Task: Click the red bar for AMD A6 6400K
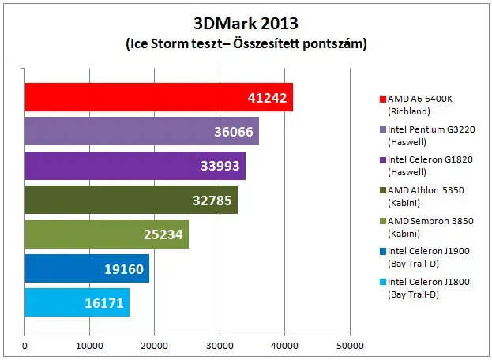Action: [159, 97]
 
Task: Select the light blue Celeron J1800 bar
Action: [77, 302]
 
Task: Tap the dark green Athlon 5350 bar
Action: [131, 200]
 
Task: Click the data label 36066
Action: [234, 132]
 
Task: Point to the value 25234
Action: [163, 234]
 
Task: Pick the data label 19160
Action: [124, 269]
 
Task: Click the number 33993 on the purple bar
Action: [220, 166]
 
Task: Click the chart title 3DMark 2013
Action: [246, 23]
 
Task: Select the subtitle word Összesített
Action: [265, 43]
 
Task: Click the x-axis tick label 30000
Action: [220, 346]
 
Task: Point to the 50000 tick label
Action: [350, 346]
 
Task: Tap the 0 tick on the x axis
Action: [24, 346]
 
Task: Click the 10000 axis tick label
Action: [89, 346]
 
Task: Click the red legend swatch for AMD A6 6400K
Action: [383, 99]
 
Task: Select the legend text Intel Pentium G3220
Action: [431, 129]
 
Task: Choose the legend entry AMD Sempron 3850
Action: [430, 221]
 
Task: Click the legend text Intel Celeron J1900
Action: [429, 251]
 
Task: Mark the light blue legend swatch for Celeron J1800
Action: [383, 282]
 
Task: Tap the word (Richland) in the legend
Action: [409, 111]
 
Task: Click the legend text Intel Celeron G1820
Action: [430, 159]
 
